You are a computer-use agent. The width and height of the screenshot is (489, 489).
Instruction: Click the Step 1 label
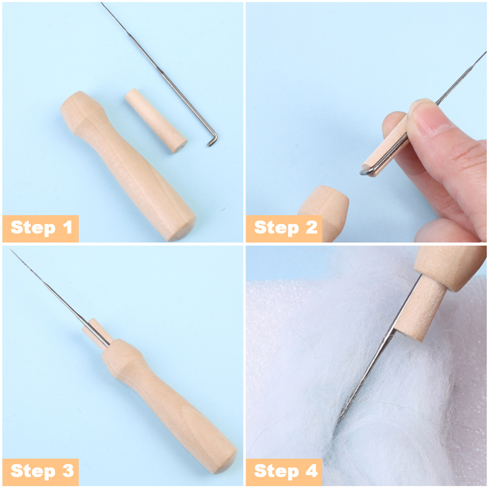(41, 228)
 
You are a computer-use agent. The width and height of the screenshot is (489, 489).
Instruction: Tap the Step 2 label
(286, 228)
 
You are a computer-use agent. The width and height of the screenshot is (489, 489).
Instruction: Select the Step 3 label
(41, 471)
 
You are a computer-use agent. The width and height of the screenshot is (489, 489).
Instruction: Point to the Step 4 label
(286, 471)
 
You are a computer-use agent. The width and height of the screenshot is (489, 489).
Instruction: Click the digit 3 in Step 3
(67, 471)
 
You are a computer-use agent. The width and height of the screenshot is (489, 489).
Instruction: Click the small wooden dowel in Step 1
(156, 120)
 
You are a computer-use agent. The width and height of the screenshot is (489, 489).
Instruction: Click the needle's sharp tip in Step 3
(12, 252)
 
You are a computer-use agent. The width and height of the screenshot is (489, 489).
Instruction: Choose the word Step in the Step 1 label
(32, 228)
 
